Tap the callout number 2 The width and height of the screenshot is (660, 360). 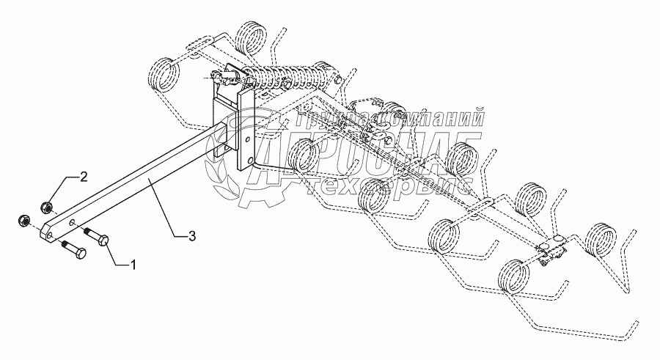coord(84,176)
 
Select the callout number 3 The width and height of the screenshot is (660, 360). coord(192,235)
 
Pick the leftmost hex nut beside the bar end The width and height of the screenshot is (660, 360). coord(22,218)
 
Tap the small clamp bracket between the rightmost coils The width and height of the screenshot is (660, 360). coord(551,249)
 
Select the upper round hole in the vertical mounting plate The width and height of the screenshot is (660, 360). coord(249,137)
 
